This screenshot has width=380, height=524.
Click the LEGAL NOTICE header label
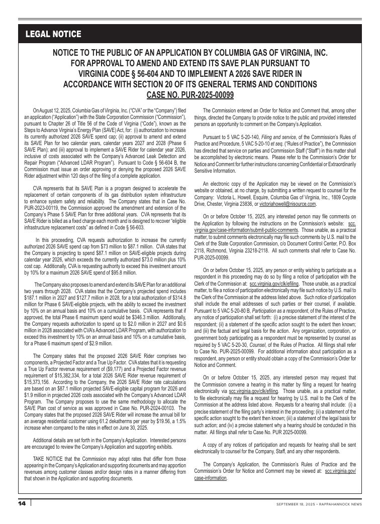pyautogui.click(x=53, y=34)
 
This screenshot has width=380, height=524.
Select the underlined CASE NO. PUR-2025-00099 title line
pyautogui.click(x=190, y=95)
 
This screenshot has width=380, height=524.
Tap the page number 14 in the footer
pyautogui.click(x=22, y=503)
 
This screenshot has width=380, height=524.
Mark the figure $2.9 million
pyautogui.click(x=98, y=345)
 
